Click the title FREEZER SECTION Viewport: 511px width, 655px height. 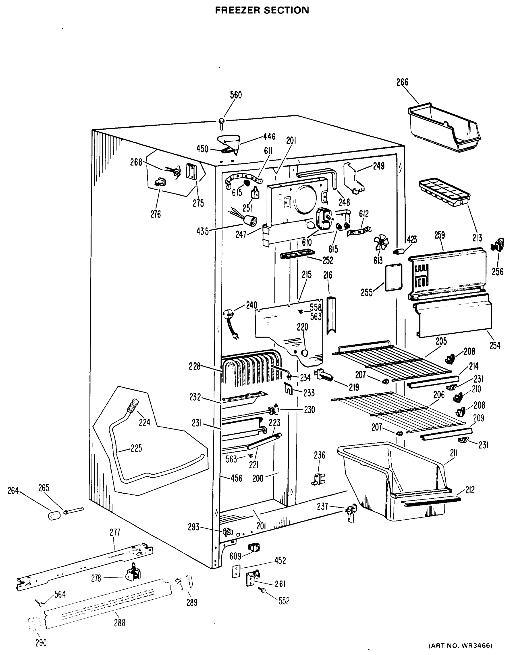coord(262,10)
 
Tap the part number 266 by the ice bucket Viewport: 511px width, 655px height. coord(402,82)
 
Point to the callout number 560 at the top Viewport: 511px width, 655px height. coord(236,95)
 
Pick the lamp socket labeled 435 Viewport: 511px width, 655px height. coord(251,221)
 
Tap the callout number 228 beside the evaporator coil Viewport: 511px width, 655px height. coord(194,366)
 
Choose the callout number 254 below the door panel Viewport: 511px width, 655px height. coord(495,346)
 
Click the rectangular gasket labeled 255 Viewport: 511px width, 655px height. coord(393,277)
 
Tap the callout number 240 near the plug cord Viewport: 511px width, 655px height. coord(251,305)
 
